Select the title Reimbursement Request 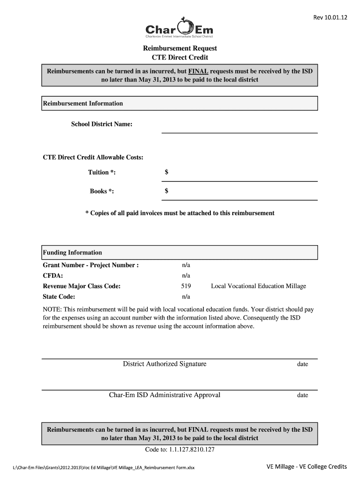180,49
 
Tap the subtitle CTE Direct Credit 180,58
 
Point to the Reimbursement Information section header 83,103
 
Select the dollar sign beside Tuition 166,173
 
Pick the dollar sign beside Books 166,191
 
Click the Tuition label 102,173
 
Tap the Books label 101,191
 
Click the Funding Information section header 72,253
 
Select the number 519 186,286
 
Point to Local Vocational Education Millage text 259,286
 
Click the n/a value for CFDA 186,276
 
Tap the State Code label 59,297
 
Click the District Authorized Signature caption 165,364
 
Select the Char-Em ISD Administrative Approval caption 165,395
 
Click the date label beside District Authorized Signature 302,364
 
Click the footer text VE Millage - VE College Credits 307,466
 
